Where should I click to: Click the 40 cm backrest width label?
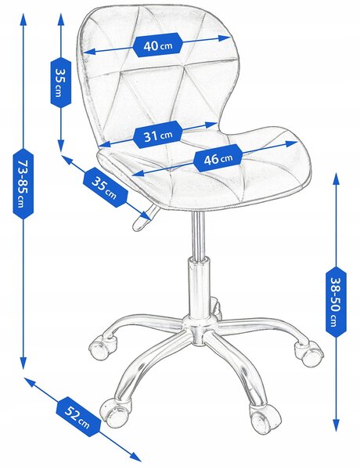click(157, 45)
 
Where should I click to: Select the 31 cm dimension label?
click(157, 135)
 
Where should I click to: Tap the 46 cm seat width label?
click(218, 158)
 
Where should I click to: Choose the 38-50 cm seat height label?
click(336, 302)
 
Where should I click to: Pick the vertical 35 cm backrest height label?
click(61, 82)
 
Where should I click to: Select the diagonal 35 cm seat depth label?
click(105, 187)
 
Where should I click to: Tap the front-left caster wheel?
click(115, 412)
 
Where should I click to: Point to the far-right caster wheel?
click(308, 353)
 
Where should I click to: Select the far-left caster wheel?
click(102, 348)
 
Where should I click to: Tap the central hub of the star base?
click(199, 328)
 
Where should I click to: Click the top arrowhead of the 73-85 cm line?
click(23, 20)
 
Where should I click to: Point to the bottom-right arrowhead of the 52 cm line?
click(135, 457)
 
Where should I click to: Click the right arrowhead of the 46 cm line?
click(292, 143)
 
